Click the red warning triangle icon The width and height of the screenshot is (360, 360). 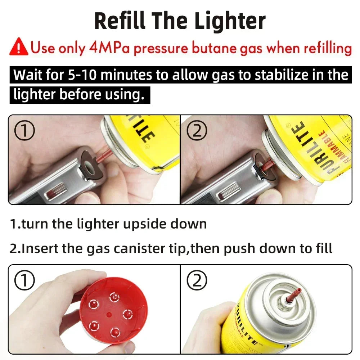point(19,48)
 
